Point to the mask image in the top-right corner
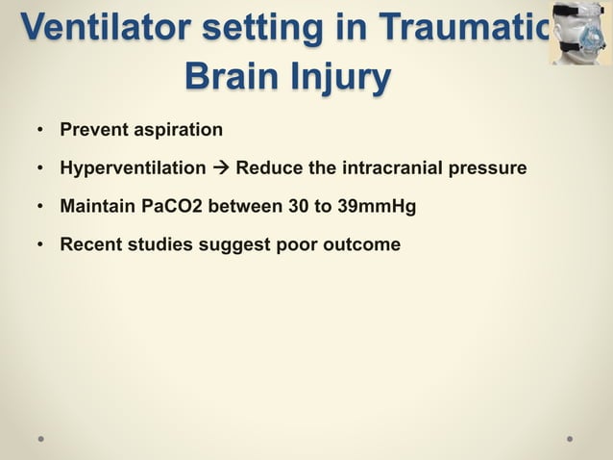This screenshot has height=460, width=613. tap(580, 33)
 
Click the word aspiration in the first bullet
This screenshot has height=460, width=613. tap(177, 130)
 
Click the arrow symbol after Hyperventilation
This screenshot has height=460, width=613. tap(220, 168)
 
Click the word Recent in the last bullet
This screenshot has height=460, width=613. tap(88, 244)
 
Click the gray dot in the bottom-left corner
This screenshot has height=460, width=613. tap(41, 438)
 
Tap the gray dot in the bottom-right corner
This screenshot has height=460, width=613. tap(570, 438)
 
